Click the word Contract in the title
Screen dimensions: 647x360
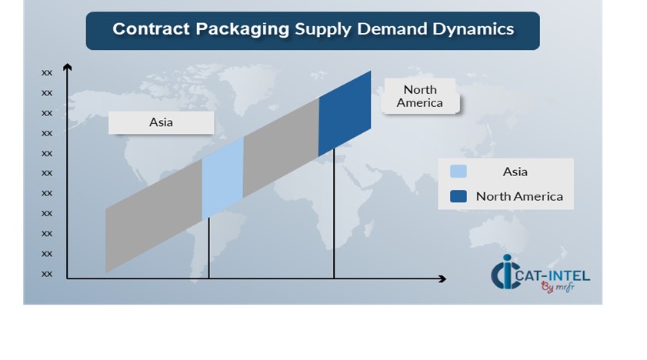[x=151, y=29]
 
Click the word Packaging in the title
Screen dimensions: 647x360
[x=242, y=30]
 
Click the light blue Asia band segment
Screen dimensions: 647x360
[x=222, y=178]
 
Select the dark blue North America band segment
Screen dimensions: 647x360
[x=345, y=114]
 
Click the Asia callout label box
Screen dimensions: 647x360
[x=161, y=122]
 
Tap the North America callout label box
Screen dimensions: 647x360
[x=420, y=96]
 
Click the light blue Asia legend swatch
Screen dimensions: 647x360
[x=459, y=171]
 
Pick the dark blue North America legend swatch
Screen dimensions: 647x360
[x=459, y=196]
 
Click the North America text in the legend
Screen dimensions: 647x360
[x=519, y=196]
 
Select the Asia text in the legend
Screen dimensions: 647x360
[x=515, y=172]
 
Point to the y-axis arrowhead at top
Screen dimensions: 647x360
[x=67, y=66]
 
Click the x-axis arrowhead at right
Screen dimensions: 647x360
[x=442, y=278]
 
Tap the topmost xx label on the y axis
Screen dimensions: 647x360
[x=47, y=73]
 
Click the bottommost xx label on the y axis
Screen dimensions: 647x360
[x=47, y=274]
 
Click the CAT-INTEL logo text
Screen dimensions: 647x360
[x=552, y=275]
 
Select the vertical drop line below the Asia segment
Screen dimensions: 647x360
[x=208, y=248]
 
